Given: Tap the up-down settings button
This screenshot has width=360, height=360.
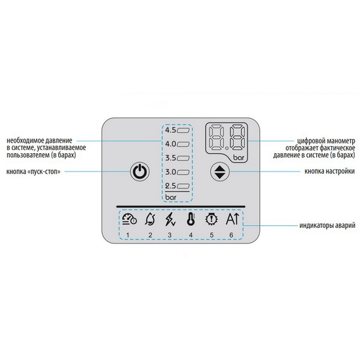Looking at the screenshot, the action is pyautogui.click(x=220, y=171).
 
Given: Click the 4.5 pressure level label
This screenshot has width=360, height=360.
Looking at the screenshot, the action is pyautogui.click(x=171, y=130).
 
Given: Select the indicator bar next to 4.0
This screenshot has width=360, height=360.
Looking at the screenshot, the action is pyautogui.click(x=183, y=145).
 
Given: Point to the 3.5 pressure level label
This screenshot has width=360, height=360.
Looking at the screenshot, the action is pyautogui.click(x=171, y=158).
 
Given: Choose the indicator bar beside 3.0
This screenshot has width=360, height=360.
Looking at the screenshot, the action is pyautogui.click(x=183, y=172).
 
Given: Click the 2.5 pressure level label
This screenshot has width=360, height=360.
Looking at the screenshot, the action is pyautogui.click(x=171, y=186).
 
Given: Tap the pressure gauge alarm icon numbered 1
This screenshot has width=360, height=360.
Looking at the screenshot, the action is pyautogui.click(x=129, y=219).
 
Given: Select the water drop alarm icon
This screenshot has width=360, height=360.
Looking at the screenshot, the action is pyautogui.click(x=150, y=219).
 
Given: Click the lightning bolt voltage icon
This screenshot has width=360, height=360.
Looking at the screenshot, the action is pyautogui.click(x=170, y=219).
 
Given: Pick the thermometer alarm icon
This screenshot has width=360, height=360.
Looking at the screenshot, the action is pyautogui.click(x=190, y=219).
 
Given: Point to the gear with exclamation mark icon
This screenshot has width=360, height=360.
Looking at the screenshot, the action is pyautogui.click(x=211, y=219).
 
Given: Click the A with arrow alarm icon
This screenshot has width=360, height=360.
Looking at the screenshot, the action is pyautogui.click(x=232, y=219).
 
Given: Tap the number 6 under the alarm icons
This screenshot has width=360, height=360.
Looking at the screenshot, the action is pyautogui.click(x=231, y=235).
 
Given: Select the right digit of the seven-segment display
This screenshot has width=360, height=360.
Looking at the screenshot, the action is pyautogui.click(x=238, y=137).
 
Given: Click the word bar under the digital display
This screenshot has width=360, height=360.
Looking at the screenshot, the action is pyautogui.click(x=239, y=158).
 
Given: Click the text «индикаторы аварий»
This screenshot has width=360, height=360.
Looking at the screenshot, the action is pyautogui.click(x=327, y=225).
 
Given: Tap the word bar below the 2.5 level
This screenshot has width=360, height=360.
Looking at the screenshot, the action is pyautogui.click(x=171, y=197).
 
